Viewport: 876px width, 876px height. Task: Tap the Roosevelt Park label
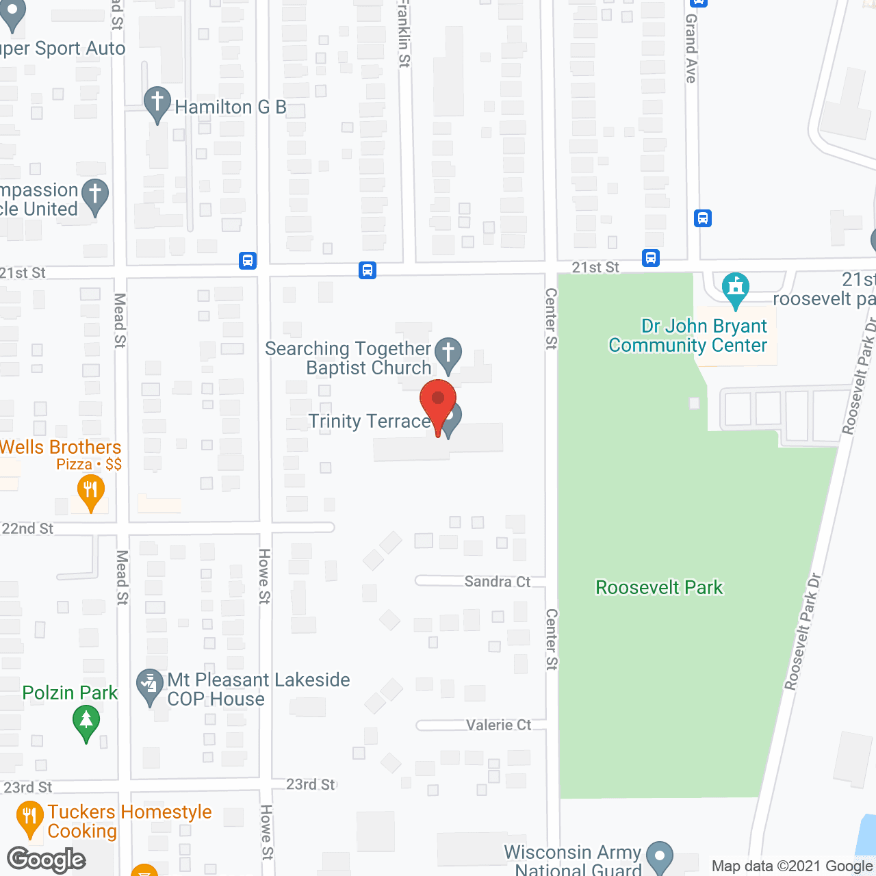coord(659,588)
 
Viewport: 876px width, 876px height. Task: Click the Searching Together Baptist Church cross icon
coord(448,354)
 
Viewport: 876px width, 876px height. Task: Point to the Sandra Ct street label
coord(498,582)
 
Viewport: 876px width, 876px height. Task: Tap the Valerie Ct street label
coord(498,725)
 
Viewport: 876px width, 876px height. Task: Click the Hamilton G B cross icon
coord(157,104)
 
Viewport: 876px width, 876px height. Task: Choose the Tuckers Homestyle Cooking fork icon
coord(29,817)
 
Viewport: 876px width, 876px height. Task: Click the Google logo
coord(47,860)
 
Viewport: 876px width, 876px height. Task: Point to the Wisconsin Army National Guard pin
coord(660,858)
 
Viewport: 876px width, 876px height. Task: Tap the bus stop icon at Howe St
coord(248,261)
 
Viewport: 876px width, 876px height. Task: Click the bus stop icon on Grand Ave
coord(703,218)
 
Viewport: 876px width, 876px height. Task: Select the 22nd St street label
coord(27,528)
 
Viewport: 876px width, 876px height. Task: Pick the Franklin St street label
coord(404,34)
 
